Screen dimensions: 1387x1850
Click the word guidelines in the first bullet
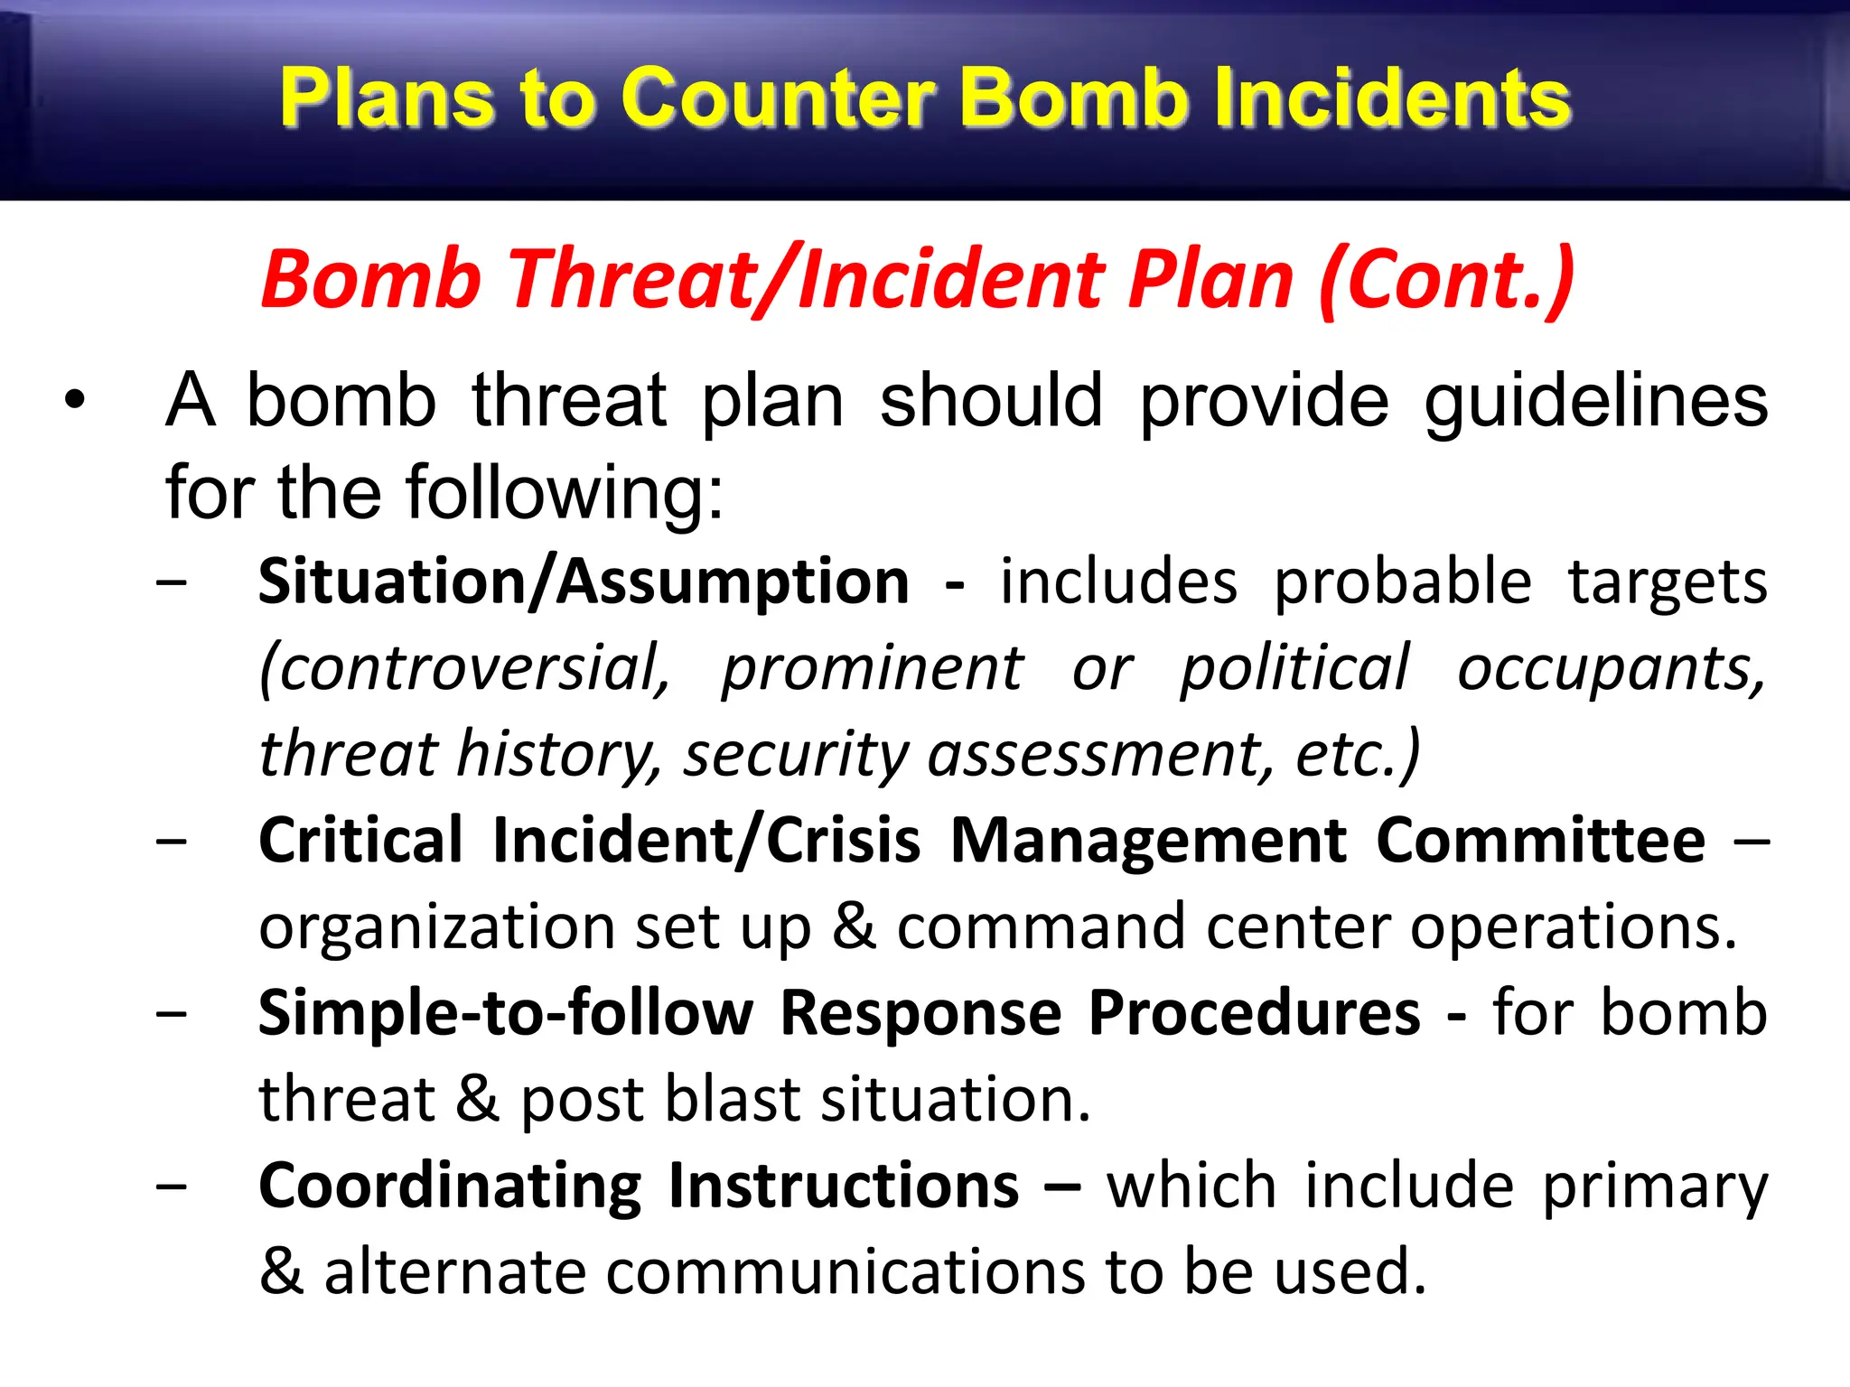click(x=1595, y=402)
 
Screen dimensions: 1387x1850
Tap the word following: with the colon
click(x=565, y=493)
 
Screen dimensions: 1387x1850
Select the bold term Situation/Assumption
click(x=584, y=582)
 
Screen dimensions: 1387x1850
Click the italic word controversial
click(x=465, y=668)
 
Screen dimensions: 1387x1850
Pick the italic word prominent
click(x=873, y=668)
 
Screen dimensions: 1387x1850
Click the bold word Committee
click(x=1540, y=841)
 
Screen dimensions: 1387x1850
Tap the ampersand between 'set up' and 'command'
click(x=854, y=926)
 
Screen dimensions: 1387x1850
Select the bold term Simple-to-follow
click(x=505, y=1012)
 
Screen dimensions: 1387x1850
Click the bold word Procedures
click(x=1254, y=1012)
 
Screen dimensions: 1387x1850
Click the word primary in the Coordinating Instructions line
click(x=1654, y=1186)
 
